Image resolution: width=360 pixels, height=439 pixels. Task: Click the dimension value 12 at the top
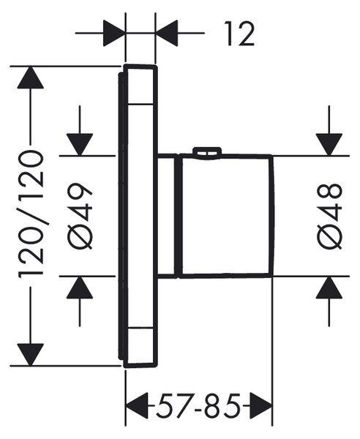coord(239,34)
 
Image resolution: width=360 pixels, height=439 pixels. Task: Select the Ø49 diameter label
coord(80,216)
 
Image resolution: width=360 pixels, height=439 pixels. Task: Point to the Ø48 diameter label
coord(329,216)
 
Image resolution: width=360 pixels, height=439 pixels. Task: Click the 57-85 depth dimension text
coord(198,405)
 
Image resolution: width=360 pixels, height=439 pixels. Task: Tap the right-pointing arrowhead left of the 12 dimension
coord(114,33)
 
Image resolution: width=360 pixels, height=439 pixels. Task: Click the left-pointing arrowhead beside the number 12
coord(167,33)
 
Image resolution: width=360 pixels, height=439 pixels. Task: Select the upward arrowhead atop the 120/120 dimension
coord(31,78)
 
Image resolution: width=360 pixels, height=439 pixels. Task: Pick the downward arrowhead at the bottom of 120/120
coord(31,355)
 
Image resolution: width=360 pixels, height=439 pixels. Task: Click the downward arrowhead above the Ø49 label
coord(80,144)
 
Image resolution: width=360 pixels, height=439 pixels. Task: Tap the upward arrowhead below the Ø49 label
coord(80,288)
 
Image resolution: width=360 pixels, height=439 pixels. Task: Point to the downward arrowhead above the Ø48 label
coord(329,144)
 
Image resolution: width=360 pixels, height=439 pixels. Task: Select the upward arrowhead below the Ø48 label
coord(329,288)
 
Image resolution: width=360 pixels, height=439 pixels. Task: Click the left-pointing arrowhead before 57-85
coord(137,405)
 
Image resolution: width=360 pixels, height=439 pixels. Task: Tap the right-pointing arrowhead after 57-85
coord(261,405)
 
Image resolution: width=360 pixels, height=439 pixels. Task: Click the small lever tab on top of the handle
coord(207,151)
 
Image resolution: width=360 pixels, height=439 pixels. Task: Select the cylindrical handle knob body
coord(227,216)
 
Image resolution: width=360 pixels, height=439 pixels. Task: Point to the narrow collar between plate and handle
coord(168,216)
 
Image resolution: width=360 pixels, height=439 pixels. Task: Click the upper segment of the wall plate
coord(140,85)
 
